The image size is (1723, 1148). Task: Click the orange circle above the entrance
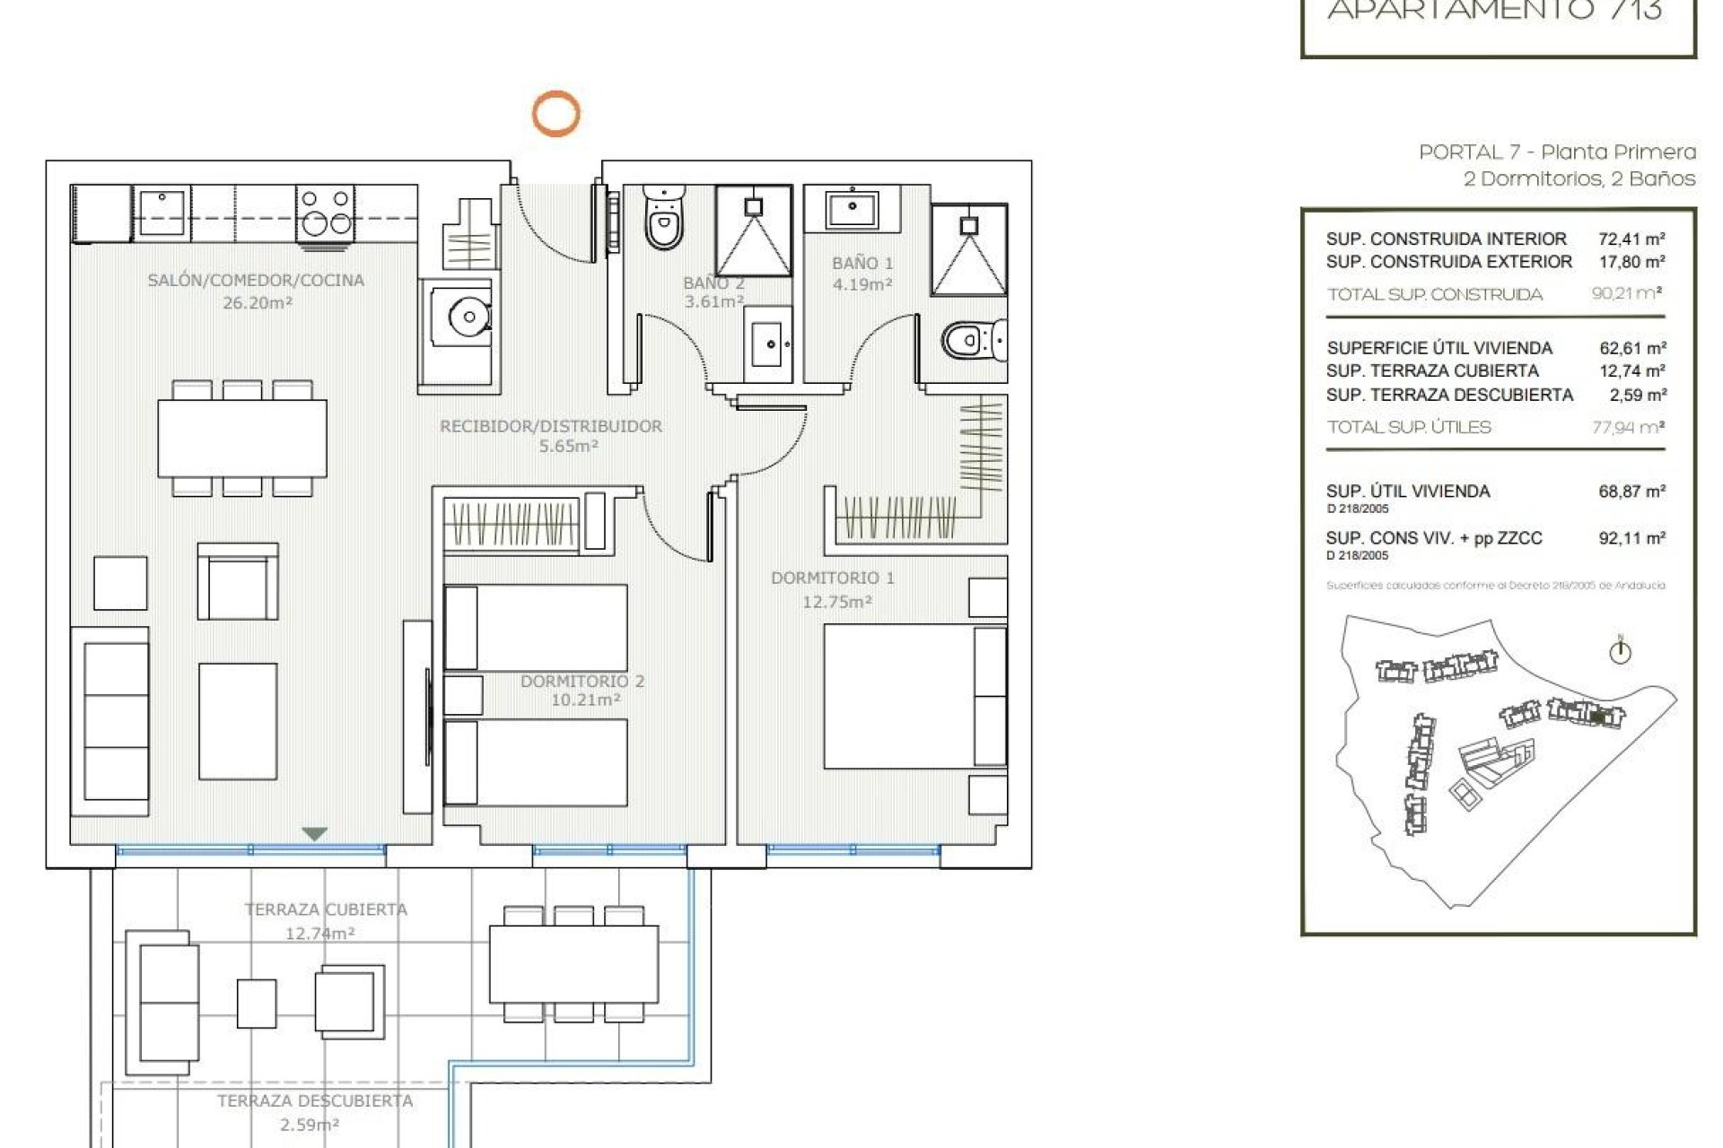point(555,114)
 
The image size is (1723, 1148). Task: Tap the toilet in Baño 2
point(663,219)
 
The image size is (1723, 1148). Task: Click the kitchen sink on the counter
point(162,212)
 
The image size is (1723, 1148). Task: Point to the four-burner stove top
point(325,212)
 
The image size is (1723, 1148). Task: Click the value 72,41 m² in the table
point(1631,239)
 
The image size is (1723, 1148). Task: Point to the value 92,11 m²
point(1631,538)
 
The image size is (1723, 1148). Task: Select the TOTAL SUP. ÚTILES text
point(1409,428)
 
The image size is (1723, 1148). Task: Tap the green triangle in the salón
point(314,834)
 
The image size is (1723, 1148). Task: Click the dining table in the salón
point(242,438)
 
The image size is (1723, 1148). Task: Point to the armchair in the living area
point(238,581)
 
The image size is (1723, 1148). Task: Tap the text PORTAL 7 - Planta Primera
point(1557,152)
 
